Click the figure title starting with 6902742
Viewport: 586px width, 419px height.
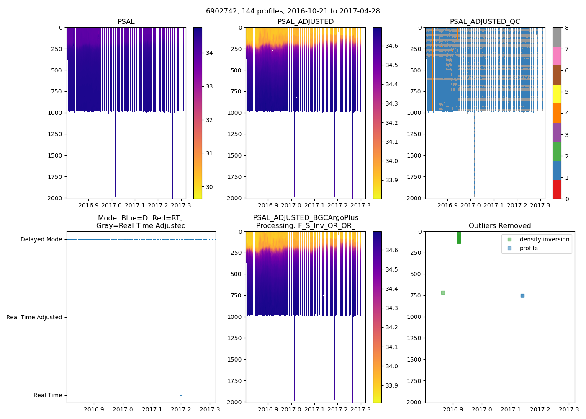tap(293, 11)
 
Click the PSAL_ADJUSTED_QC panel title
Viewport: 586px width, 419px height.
tap(485, 22)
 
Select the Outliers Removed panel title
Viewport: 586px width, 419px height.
tap(499, 226)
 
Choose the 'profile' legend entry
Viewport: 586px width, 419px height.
tap(529, 248)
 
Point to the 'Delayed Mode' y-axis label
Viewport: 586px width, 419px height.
tap(41, 239)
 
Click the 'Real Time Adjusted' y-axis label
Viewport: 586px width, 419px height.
tap(34, 317)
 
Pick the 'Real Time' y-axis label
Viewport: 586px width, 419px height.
tap(48, 395)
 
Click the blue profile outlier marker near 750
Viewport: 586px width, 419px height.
tap(522, 296)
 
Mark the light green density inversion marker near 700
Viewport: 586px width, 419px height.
tap(443, 292)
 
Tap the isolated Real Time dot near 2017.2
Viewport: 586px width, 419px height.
tap(181, 395)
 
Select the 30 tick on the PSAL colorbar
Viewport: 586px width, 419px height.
tap(209, 187)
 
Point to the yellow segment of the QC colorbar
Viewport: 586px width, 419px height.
tap(557, 94)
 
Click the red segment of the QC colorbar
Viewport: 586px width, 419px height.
tap(557, 189)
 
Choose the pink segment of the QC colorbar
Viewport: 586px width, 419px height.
tap(557, 56)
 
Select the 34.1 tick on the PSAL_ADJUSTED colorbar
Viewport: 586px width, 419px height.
tap(391, 142)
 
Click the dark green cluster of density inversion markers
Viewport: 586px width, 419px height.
tap(459, 238)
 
